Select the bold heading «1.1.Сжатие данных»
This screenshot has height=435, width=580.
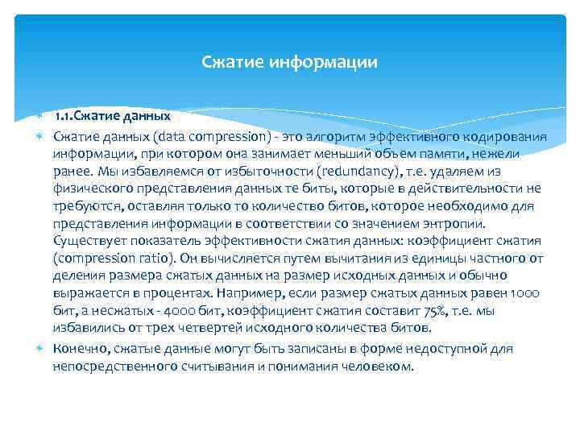click(x=114, y=115)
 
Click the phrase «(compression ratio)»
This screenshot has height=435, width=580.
click(x=109, y=259)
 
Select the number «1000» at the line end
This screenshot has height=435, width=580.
click(x=528, y=293)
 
